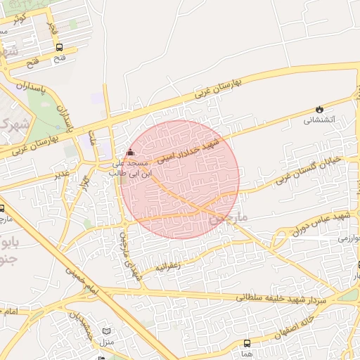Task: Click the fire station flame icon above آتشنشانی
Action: (x=321, y=109)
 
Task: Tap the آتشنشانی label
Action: (x=321, y=120)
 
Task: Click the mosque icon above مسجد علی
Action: (x=129, y=153)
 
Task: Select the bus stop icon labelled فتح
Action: (x=59, y=48)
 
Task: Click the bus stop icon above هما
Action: (x=247, y=343)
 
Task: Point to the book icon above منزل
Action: (x=107, y=331)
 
